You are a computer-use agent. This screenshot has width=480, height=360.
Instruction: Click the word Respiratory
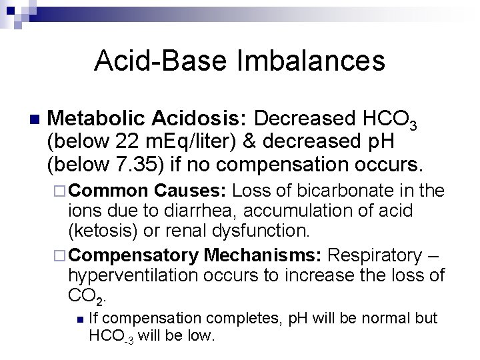point(379,254)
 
